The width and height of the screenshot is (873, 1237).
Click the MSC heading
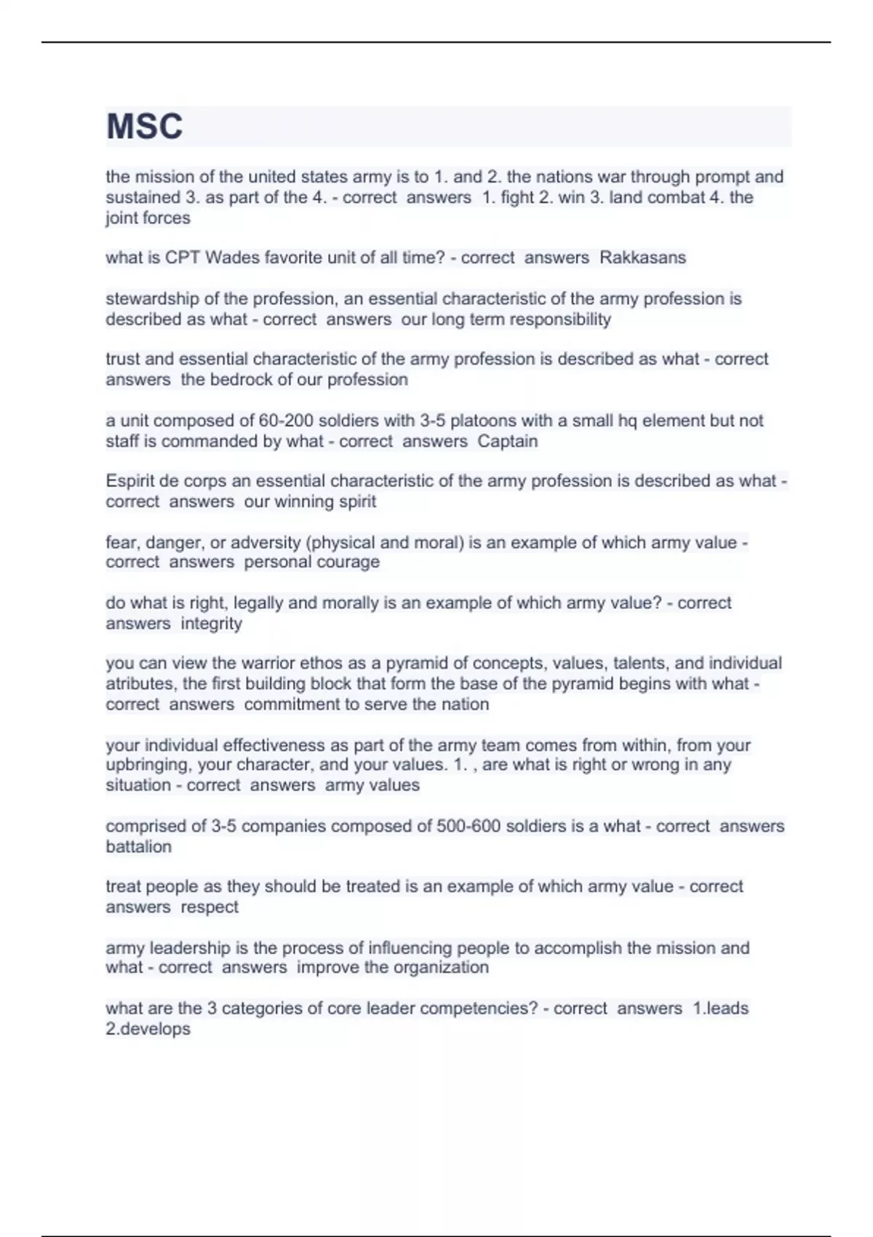[144, 127]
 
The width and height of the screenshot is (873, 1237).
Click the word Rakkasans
[642, 258]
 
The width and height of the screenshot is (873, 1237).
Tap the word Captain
[508, 441]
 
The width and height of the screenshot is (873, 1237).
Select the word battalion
[138, 846]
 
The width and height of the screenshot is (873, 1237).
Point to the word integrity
[211, 623]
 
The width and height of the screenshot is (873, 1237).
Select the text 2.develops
[148, 1029]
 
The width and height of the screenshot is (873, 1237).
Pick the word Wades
[229, 258]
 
